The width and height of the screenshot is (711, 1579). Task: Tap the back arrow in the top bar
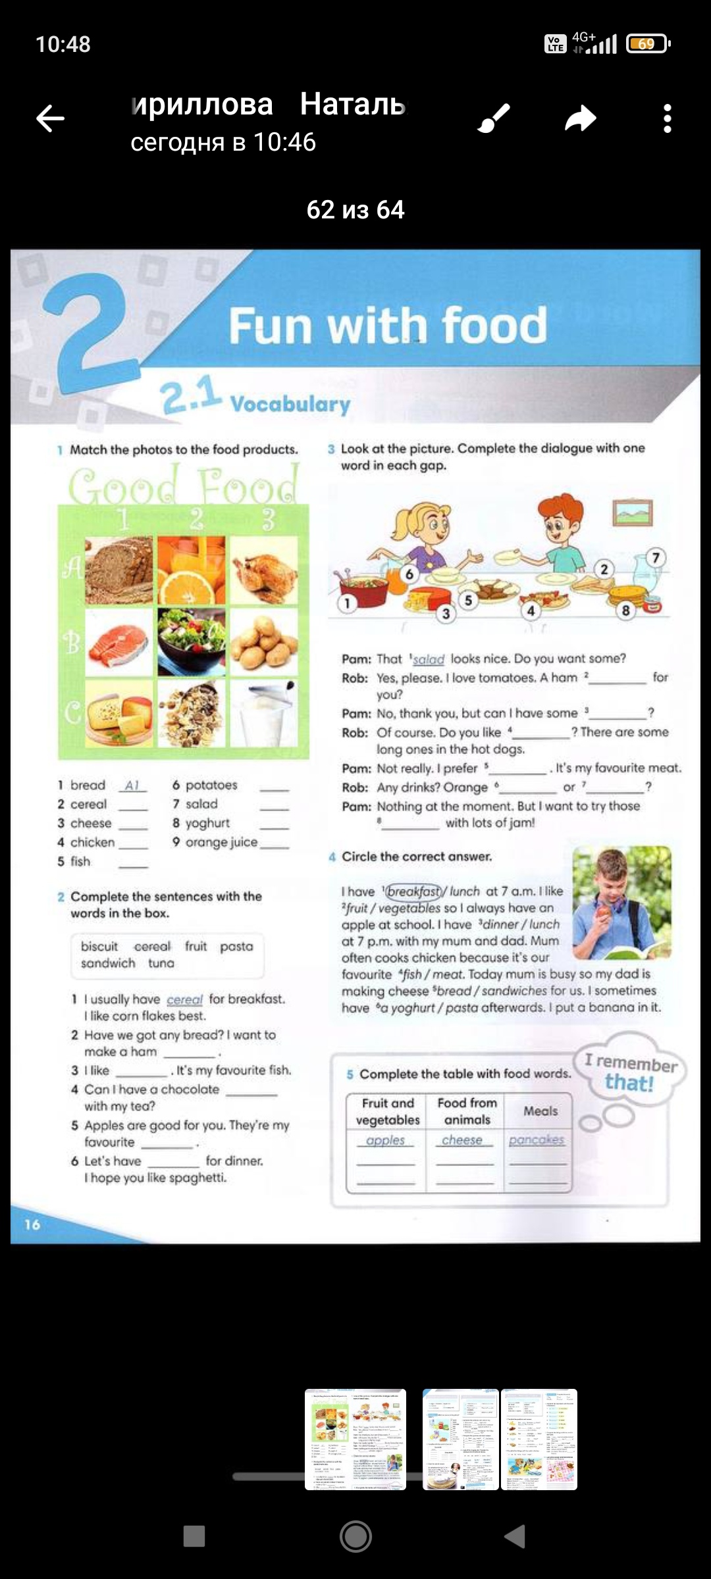coord(50,119)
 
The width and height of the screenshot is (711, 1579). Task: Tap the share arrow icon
coord(580,119)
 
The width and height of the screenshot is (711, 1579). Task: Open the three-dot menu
coord(667,119)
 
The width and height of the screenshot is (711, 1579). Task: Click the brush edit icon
coord(494,119)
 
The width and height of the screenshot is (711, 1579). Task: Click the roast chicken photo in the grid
coord(263,570)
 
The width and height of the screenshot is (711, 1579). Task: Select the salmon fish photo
coord(119,641)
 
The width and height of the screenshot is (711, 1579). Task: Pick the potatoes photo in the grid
coord(263,641)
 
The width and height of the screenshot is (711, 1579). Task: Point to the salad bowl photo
coord(192,641)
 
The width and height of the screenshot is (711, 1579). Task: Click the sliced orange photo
coord(192,570)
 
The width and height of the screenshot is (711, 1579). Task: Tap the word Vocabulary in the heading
coord(290,404)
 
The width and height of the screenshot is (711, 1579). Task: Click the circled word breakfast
coord(413,891)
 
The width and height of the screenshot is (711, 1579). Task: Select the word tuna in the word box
coord(161,963)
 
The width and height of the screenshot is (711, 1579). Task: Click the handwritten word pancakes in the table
coord(537,1140)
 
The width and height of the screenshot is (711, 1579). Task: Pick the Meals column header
coord(540,1111)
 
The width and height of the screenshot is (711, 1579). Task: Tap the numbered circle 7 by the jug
coord(655,558)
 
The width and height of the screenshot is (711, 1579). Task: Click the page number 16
coord(32,1224)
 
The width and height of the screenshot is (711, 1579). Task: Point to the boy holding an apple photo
coord(621,902)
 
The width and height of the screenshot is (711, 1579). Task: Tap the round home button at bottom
coord(355,1536)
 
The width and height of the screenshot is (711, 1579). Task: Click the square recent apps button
coord(194,1536)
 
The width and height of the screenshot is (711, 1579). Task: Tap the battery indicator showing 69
coord(647,44)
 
